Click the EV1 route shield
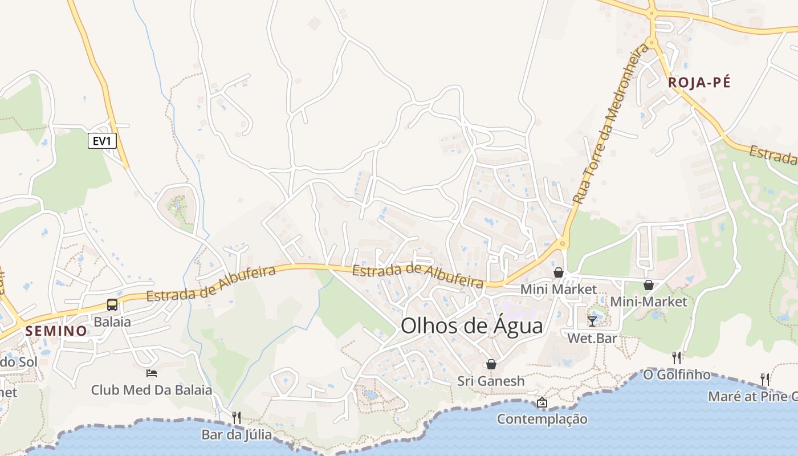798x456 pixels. (x=102, y=141)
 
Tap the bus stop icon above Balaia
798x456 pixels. (x=112, y=305)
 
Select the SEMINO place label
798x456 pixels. (x=56, y=331)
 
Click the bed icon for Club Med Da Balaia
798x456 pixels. (x=152, y=373)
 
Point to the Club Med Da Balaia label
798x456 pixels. (x=152, y=390)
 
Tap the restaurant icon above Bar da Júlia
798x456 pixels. (x=237, y=418)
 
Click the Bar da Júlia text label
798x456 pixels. (x=237, y=435)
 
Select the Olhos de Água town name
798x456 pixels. (x=472, y=325)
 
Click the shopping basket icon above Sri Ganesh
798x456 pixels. (x=491, y=364)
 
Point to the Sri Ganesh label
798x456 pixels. (x=491, y=381)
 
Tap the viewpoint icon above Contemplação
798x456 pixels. (x=542, y=402)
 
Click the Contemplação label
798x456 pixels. (x=542, y=419)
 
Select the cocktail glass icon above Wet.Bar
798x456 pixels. (x=592, y=321)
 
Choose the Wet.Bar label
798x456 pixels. (x=592, y=338)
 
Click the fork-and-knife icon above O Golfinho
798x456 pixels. (x=677, y=358)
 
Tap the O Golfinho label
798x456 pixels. (x=677, y=375)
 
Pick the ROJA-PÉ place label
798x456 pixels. (x=699, y=83)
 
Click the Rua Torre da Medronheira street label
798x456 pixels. (x=612, y=124)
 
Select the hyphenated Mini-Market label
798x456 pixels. (x=649, y=302)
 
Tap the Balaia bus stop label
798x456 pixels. (x=112, y=321)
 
